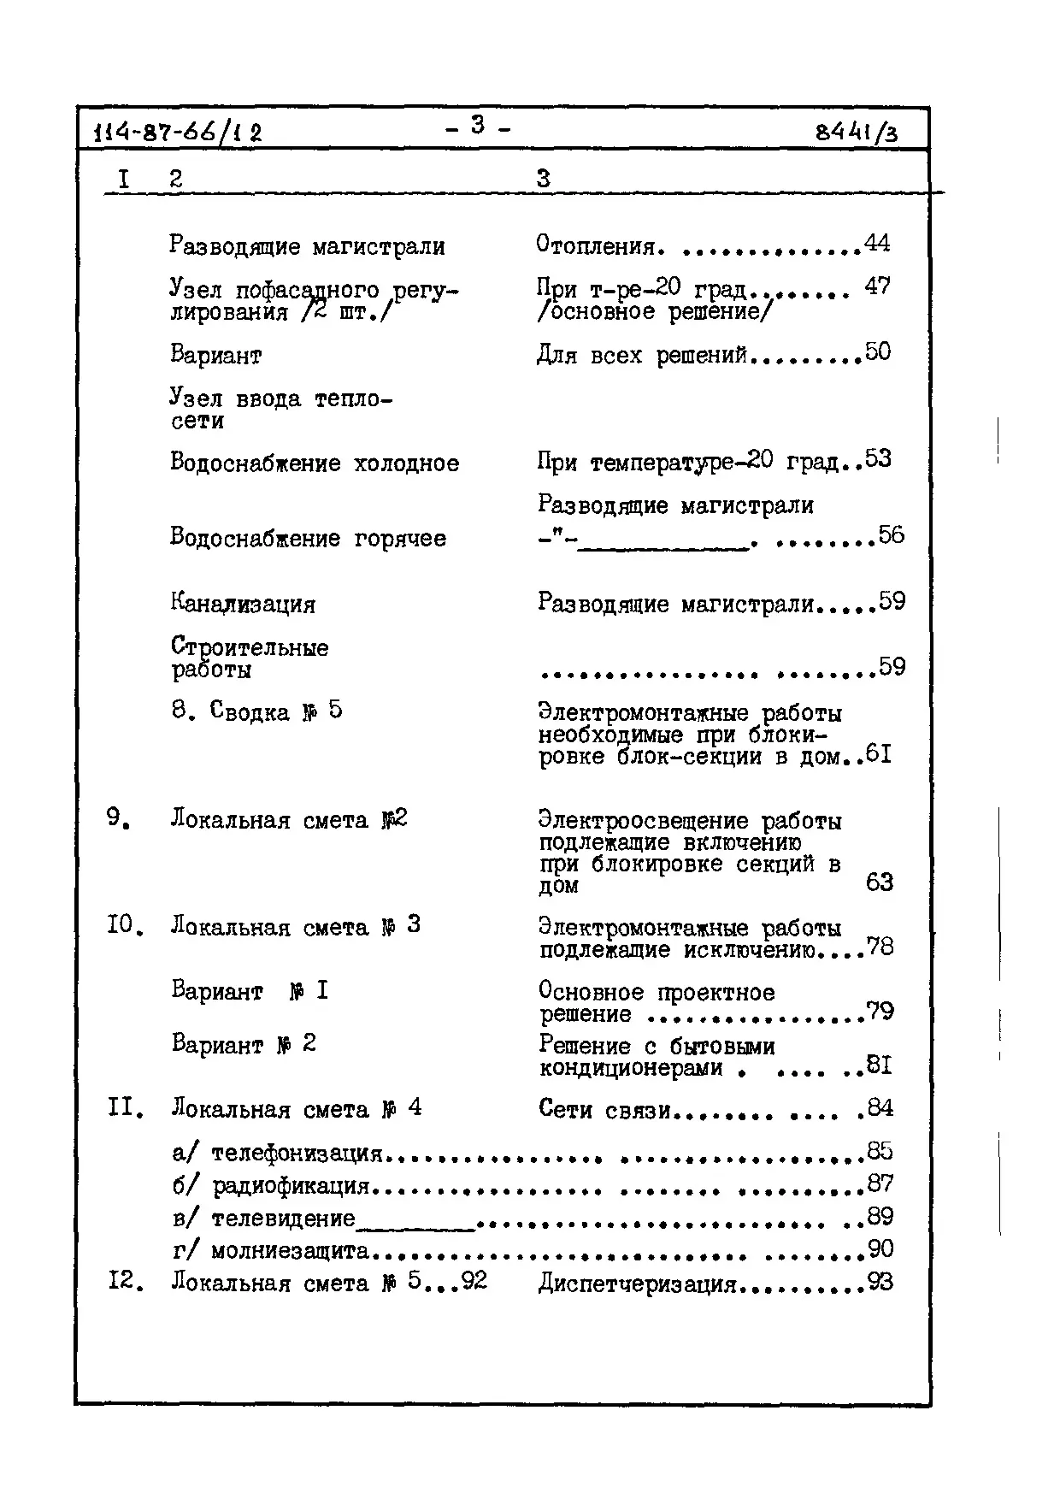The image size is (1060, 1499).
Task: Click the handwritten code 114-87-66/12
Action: coord(179,133)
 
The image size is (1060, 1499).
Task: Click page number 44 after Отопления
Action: coord(877,244)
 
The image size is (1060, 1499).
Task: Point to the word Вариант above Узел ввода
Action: coord(215,355)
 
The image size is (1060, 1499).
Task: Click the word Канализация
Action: coord(243,604)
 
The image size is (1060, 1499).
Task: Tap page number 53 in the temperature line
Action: coord(878,459)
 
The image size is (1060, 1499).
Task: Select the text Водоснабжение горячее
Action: coord(308,538)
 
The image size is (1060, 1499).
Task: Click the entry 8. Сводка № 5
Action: coord(256,711)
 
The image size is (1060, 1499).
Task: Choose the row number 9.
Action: coord(118,818)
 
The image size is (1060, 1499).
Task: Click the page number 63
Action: coord(879,882)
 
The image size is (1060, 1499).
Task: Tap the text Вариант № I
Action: coord(250,991)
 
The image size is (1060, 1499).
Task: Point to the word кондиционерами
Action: coord(631,1067)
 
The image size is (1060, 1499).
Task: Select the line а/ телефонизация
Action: coord(277,1153)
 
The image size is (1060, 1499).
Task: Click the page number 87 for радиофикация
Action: coord(880,1183)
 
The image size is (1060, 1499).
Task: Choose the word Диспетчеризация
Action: coord(637,1284)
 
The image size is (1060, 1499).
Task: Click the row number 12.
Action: coord(125,1283)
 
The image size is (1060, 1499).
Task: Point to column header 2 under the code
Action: coord(175,179)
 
